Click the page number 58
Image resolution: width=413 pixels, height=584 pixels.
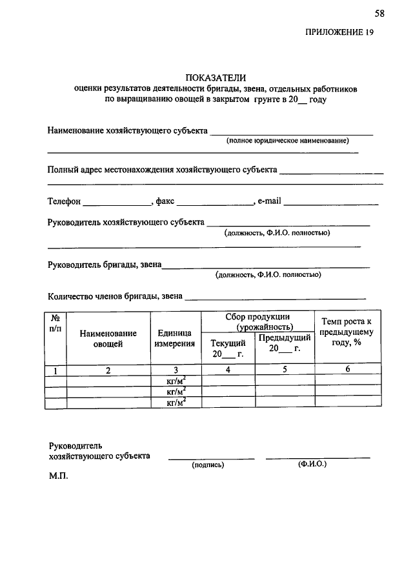pos(379,13)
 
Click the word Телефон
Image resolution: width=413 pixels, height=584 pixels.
pos(65,201)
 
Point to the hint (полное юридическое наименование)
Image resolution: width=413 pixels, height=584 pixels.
pos(287,141)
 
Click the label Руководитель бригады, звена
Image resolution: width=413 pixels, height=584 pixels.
pos(105,264)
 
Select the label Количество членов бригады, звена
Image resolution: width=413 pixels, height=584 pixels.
pos(116,297)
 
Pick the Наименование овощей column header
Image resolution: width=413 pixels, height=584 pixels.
pos(108,339)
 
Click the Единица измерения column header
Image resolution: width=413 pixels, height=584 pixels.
pos(176,339)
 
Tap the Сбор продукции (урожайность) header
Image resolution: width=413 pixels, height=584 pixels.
pos(257,322)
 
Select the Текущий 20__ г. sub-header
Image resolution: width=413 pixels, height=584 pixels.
pos(228,348)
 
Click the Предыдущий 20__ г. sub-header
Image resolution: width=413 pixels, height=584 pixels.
pos(285,343)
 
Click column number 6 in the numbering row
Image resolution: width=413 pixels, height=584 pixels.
pos(347,370)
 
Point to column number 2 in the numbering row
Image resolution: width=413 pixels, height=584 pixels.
pos(108,370)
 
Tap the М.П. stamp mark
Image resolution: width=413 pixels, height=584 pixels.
pos(58,479)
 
